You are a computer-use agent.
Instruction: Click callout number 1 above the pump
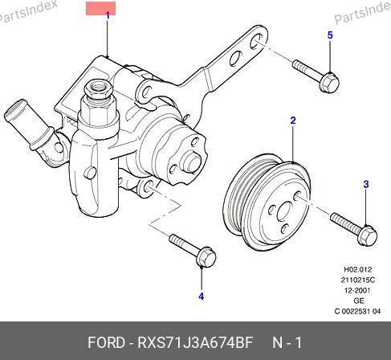click(108, 16)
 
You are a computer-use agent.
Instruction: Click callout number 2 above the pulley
click(293, 121)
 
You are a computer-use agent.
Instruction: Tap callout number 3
click(366, 184)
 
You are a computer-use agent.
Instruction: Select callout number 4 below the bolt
click(202, 297)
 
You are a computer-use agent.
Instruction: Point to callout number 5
click(330, 35)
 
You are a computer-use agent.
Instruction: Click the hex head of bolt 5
click(329, 82)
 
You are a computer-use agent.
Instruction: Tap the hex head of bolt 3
click(367, 235)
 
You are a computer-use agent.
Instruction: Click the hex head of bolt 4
click(206, 257)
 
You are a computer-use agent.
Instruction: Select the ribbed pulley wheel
click(267, 202)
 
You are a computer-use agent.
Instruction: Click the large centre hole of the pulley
click(285, 211)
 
